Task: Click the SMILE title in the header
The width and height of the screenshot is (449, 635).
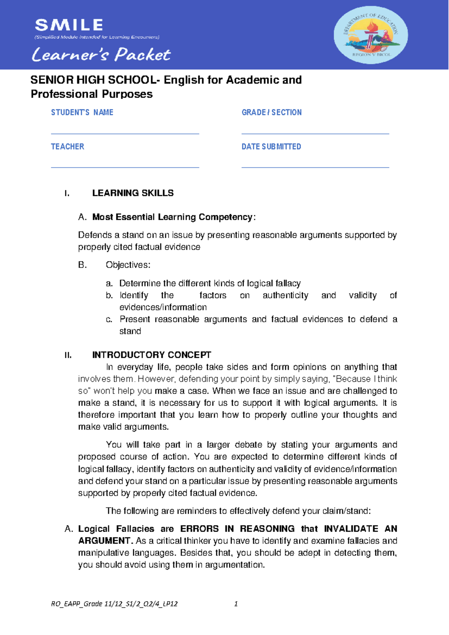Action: (x=69, y=25)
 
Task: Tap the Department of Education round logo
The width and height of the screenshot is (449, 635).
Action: (x=370, y=35)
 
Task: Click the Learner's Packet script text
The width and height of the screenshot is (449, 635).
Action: (x=101, y=55)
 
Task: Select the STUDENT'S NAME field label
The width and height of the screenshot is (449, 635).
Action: (x=82, y=112)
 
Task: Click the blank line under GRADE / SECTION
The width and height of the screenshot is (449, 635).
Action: (x=315, y=133)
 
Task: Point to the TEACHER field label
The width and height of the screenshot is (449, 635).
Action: (x=67, y=146)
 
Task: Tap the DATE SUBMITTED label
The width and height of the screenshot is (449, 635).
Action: (x=271, y=146)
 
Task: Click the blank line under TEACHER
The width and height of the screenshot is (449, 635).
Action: (x=125, y=167)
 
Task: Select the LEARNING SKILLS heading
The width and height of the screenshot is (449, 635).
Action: (x=133, y=193)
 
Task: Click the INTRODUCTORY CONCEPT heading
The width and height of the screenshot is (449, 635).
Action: (x=152, y=355)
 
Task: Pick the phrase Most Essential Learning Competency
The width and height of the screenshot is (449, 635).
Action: (x=172, y=217)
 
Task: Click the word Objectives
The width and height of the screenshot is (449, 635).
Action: (x=128, y=265)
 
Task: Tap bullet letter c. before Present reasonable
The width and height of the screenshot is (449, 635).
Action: (x=109, y=319)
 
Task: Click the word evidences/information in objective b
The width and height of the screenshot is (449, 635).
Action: (x=163, y=307)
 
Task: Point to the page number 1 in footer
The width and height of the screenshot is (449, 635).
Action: (x=236, y=604)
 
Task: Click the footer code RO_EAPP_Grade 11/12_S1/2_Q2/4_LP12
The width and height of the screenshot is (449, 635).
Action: (x=114, y=604)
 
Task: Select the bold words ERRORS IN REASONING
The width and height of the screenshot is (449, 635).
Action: (x=237, y=529)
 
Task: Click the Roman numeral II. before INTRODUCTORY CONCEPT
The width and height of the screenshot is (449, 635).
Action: (x=68, y=355)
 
